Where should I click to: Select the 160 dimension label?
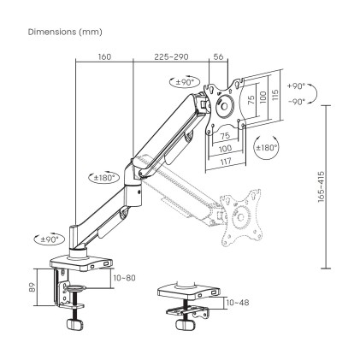[x=103, y=58]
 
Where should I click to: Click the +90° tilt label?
[x=295, y=87]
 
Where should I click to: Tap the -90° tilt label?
[x=295, y=101]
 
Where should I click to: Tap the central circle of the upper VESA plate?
[x=226, y=107]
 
